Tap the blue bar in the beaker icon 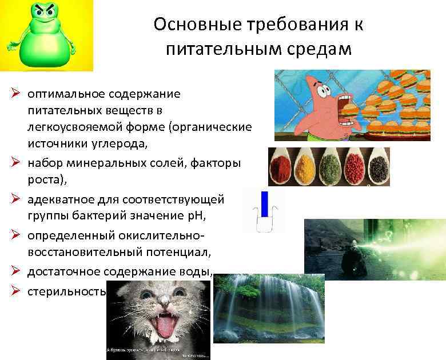(x=264, y=205)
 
